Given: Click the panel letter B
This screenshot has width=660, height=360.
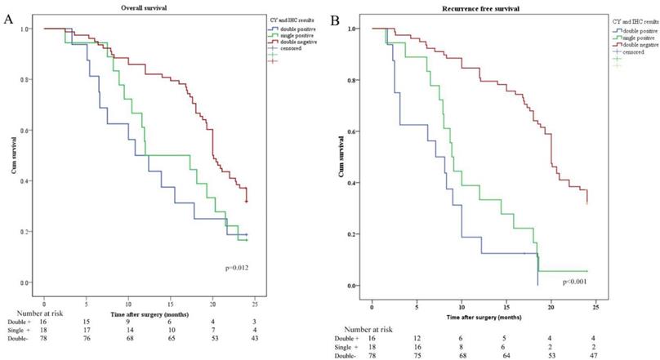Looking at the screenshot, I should point(333,18).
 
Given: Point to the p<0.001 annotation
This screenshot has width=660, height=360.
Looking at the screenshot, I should point(575,282).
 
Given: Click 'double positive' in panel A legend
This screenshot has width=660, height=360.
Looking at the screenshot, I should point(297,29).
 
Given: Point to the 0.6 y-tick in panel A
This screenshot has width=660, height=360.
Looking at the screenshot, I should point(30,131).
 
